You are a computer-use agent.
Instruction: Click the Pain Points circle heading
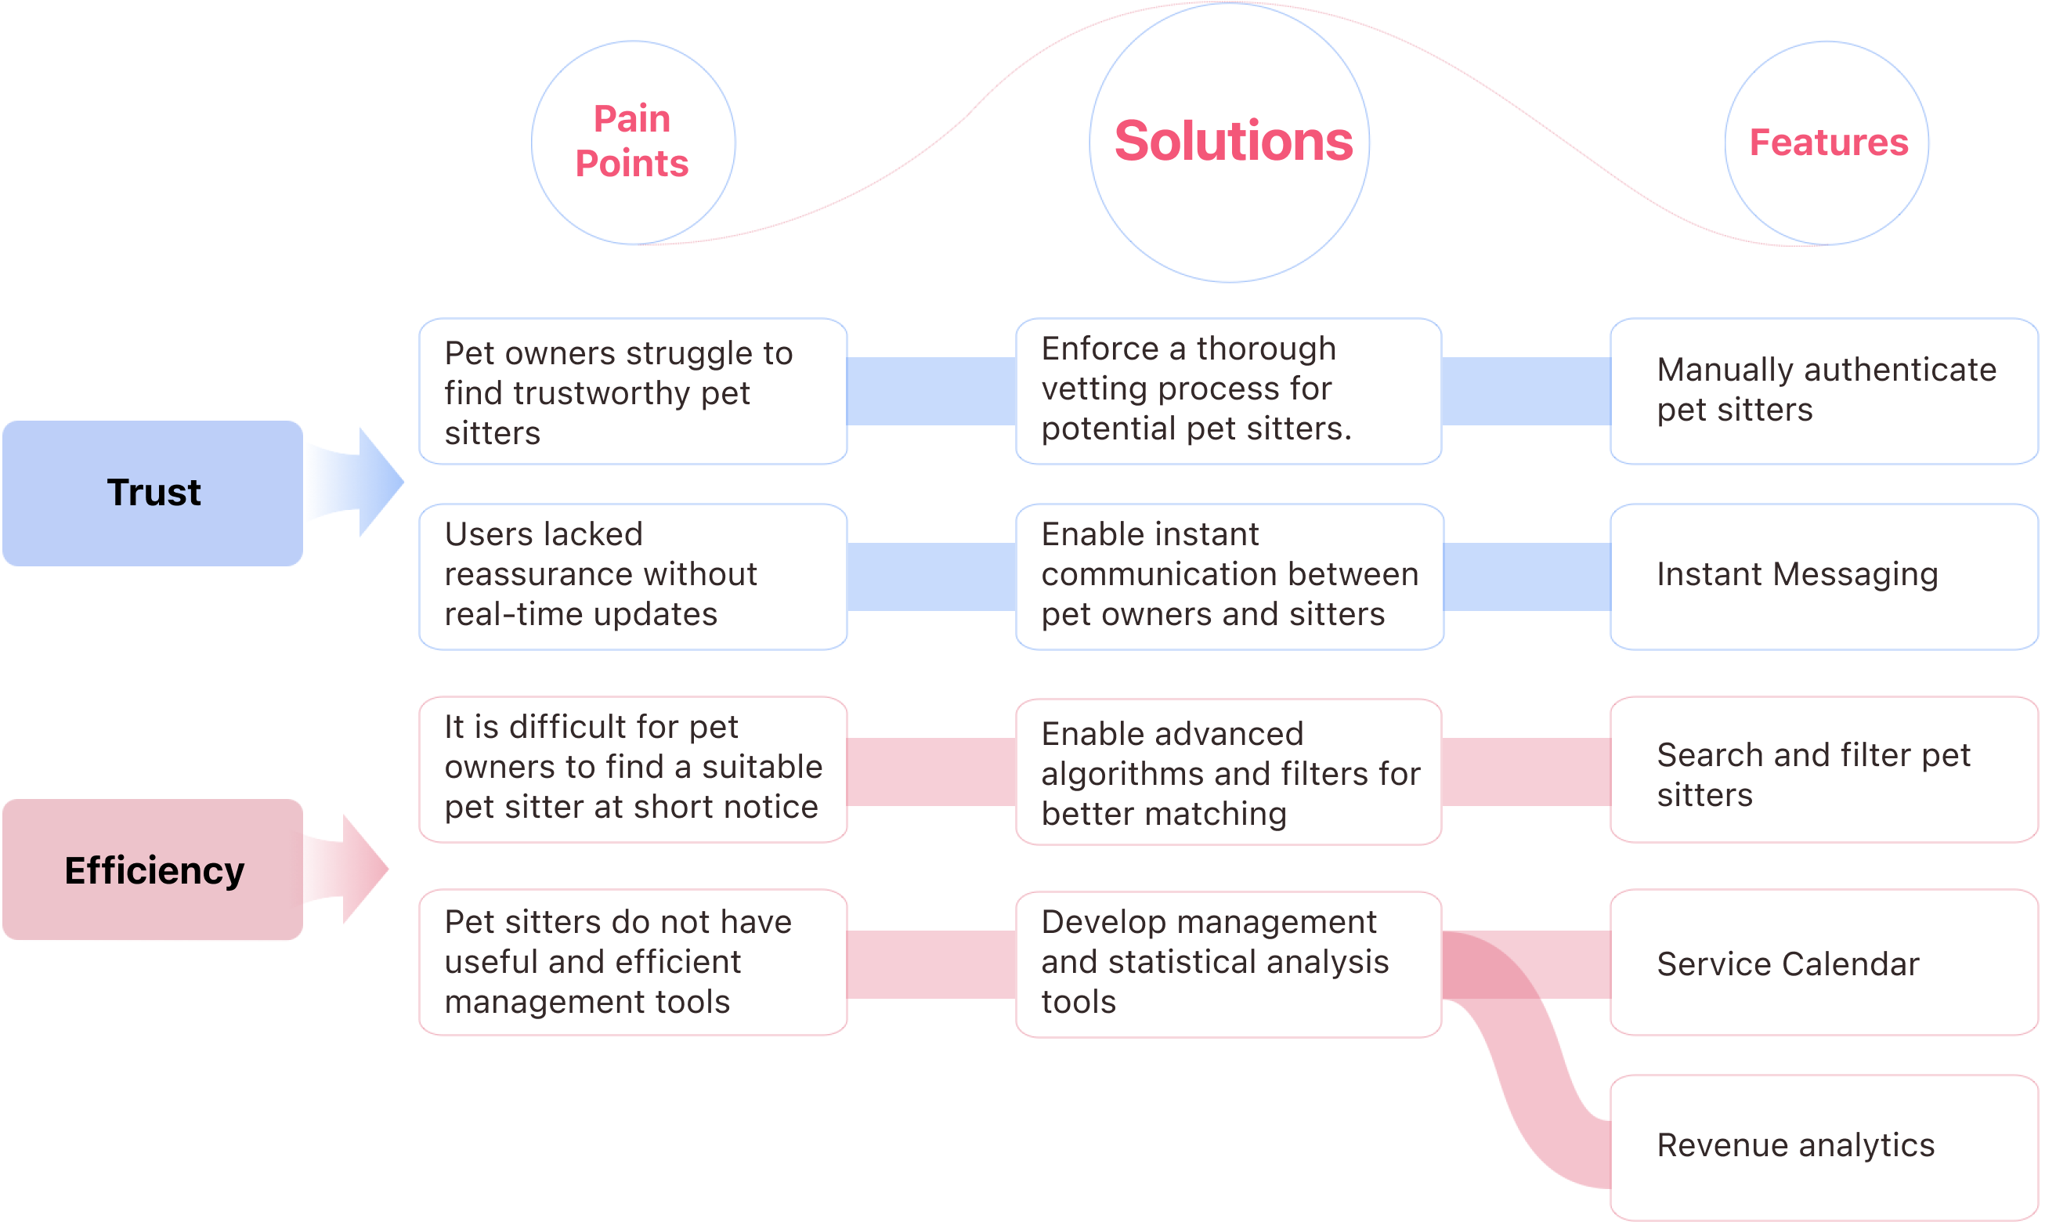point(632,142)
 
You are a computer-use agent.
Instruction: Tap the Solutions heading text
point(1233,141)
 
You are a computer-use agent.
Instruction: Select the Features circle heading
point(1828,143)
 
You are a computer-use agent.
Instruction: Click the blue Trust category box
point(154,493)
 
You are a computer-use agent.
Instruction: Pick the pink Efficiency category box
point(154,869)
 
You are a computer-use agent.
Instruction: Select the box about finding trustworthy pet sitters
point(633,391)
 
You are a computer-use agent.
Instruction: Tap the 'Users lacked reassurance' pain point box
point(633,577)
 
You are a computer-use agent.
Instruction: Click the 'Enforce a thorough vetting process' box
point(1228,391)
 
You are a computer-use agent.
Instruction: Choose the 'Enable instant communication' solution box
point(1230,577)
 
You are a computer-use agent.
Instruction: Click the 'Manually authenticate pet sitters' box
point(1824,391)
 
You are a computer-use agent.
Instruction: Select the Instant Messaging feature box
point(1824,577)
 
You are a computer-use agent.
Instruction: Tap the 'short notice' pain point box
point(633,770)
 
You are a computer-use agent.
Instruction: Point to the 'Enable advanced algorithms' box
point(1228,772)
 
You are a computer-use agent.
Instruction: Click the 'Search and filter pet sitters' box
point(1824,770)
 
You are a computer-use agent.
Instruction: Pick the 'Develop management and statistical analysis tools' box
point(1228,964)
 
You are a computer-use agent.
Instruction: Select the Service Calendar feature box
point(1824,962)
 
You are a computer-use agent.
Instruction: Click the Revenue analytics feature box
point(1824,1147)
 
